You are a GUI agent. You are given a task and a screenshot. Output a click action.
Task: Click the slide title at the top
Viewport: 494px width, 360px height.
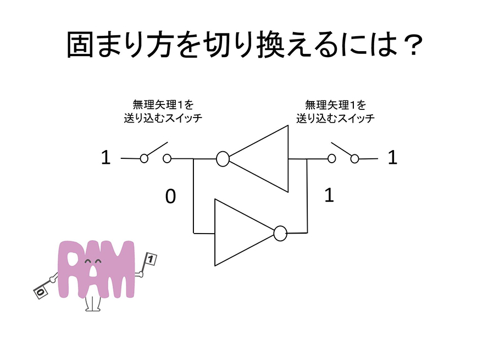[245, 45]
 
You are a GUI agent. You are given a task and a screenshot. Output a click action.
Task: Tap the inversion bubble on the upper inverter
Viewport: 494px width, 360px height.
[222, 159]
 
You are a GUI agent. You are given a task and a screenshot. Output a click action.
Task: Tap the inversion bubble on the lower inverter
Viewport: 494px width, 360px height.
[280, 233]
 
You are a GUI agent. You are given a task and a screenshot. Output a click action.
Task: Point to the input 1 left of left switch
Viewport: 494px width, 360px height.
[106, 158]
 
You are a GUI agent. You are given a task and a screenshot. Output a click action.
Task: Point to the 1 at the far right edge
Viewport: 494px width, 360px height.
[392, 158]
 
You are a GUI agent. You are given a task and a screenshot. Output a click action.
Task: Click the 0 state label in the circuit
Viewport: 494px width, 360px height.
[171, 197]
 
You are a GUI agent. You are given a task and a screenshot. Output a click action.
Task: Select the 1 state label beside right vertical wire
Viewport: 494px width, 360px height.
[329, 196]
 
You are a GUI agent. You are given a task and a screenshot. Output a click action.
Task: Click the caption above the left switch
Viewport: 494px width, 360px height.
[163, 110]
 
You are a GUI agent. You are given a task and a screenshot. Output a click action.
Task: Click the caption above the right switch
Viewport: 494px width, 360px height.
[335, 110]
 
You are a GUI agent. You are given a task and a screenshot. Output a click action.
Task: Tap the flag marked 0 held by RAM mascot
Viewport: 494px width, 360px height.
[41, 291]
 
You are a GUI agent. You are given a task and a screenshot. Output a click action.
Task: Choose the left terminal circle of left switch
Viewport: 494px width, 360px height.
[144, 159]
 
